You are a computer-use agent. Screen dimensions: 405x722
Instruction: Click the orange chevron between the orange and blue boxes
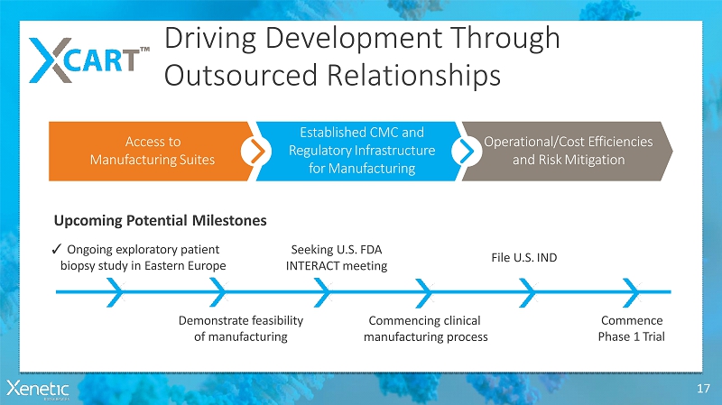[257, 151]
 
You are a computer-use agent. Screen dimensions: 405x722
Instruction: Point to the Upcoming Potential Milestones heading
[161, 220]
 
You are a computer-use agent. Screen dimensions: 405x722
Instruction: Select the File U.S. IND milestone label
[524, 257]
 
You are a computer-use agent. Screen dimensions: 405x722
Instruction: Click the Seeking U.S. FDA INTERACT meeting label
[337, 257]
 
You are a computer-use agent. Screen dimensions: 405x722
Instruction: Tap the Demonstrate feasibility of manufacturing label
[240, 328]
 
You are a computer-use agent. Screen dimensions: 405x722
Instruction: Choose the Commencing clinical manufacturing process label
[425, 328]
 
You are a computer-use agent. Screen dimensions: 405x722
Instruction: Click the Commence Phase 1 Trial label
[631, 328]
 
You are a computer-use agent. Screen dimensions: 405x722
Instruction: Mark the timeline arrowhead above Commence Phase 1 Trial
[632, 290]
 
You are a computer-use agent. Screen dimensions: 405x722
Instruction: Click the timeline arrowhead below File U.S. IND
[527, 290]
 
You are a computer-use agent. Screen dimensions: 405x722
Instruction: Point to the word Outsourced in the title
[236, 75]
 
